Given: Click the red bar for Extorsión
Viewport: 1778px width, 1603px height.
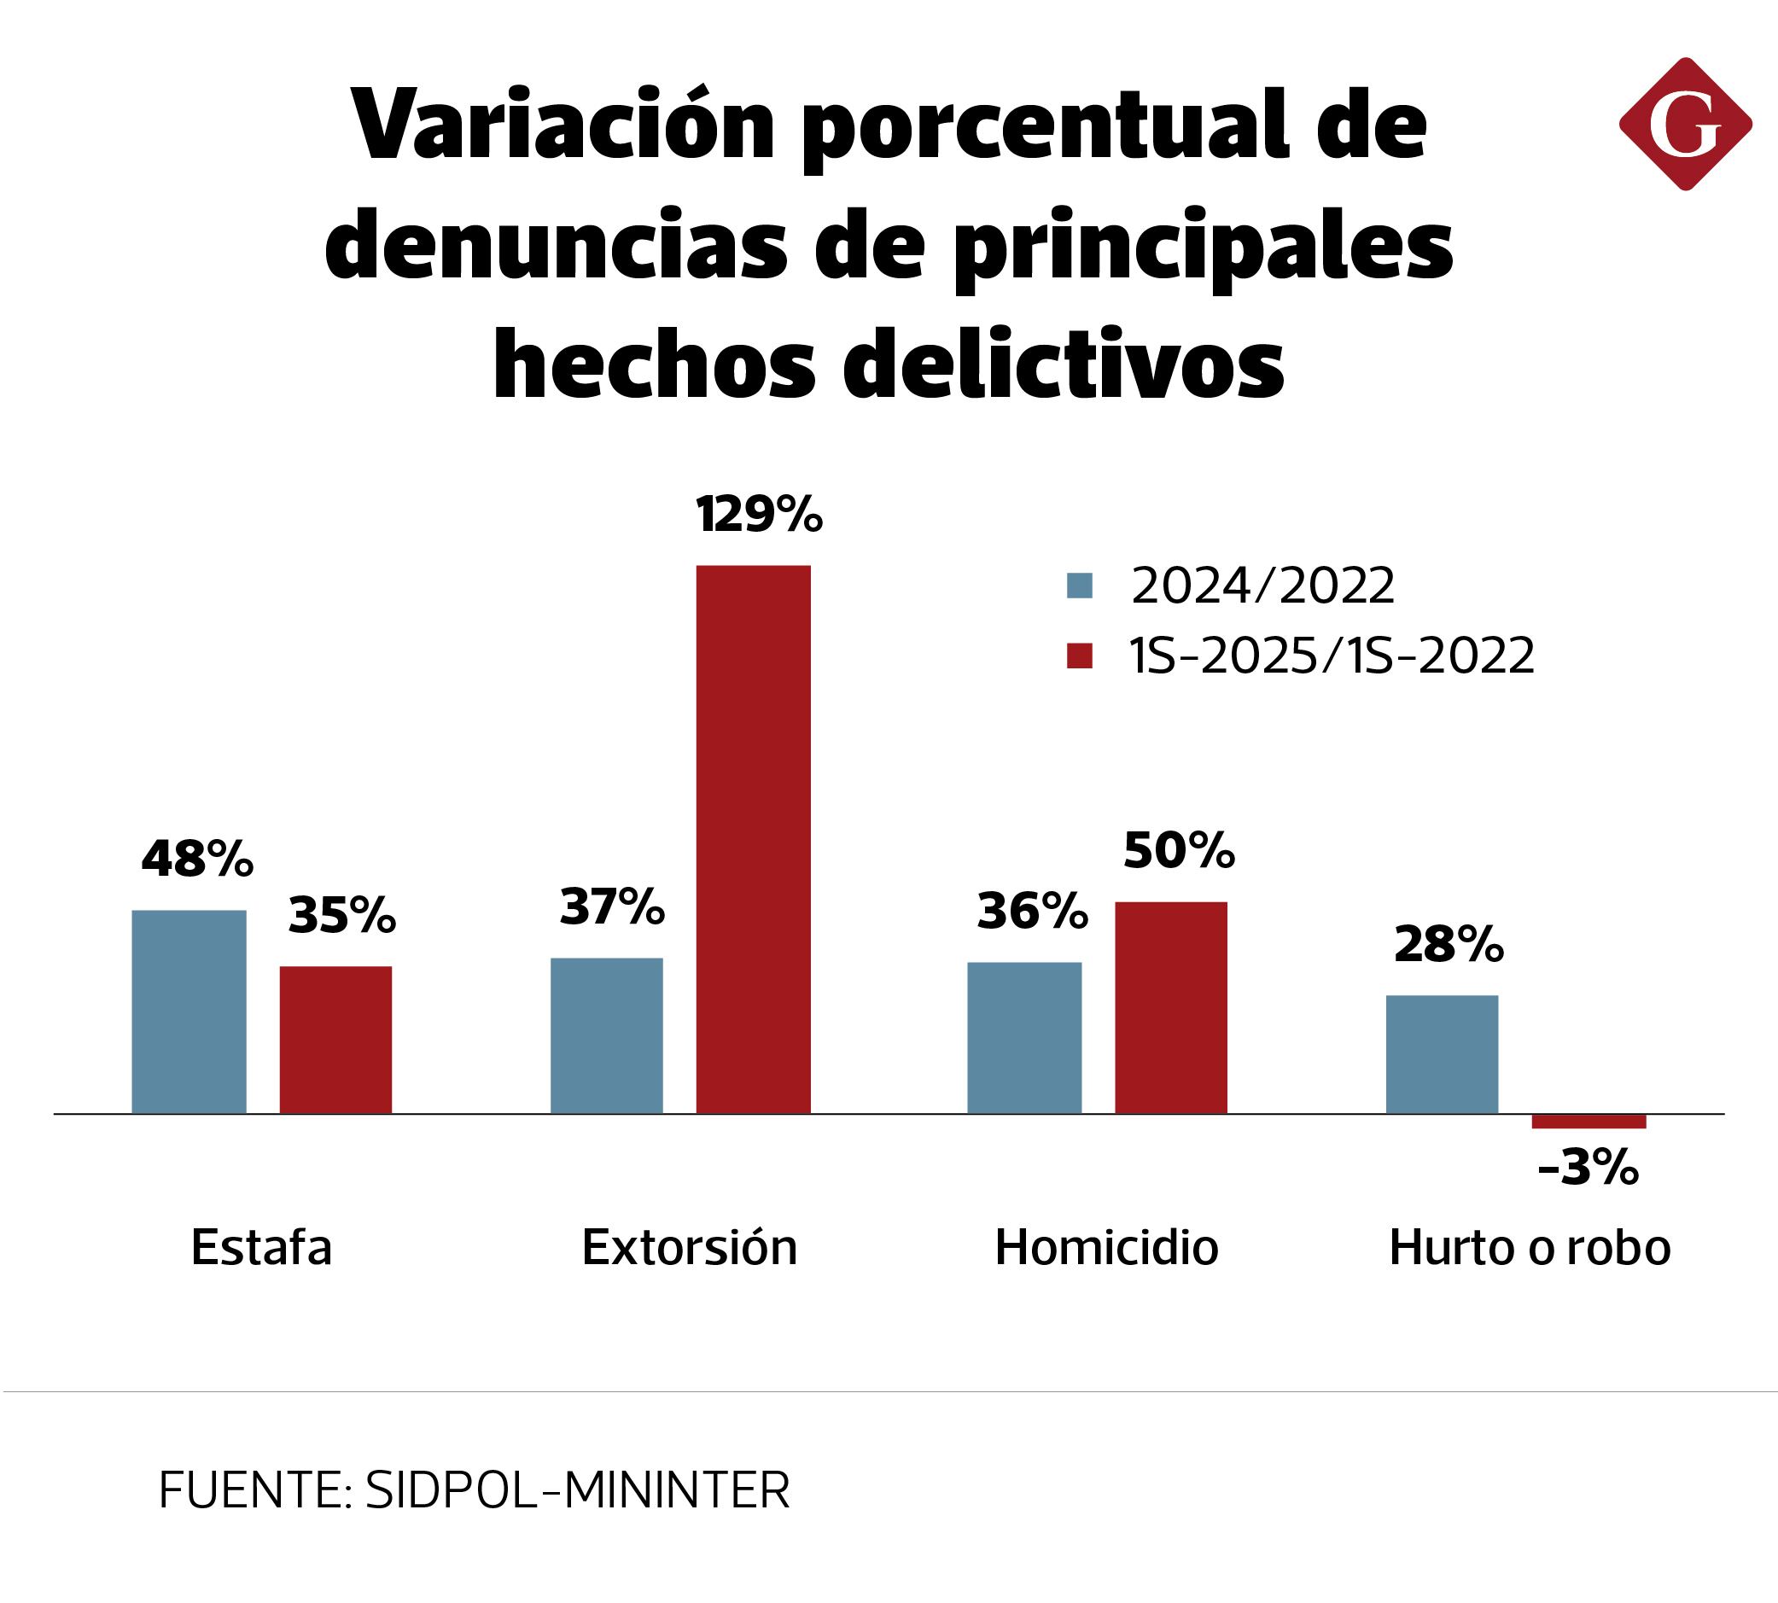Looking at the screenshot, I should [753, 838].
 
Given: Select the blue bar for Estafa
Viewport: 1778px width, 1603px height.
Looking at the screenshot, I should [189, 1011].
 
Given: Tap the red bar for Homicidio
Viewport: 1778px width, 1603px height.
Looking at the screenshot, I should [1170, 1006].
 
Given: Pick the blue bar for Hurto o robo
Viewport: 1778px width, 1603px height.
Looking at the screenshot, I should [1442, 1053].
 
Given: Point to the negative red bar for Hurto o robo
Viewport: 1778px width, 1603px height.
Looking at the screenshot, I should [1589, 1122].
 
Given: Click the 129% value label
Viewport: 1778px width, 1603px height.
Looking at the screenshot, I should [759, 515].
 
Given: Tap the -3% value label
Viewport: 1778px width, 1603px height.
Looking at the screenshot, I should [1588, 1169].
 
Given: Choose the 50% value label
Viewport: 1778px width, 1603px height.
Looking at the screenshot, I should [1179, 850].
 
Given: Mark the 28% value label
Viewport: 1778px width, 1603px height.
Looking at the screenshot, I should [1449, 944].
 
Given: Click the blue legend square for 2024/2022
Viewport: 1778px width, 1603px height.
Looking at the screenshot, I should [1079, 586].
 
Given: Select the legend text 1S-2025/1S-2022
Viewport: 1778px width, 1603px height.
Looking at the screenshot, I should [1332, 656].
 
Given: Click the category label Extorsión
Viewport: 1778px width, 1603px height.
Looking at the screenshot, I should [689, 1247].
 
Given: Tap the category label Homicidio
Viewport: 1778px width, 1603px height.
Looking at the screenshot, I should [1106, 1247].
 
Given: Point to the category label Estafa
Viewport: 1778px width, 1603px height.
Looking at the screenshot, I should [261, 1247].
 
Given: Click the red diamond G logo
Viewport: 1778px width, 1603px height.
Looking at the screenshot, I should [1685, 124].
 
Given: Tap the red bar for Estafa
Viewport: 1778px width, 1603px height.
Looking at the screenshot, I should [335, 1040].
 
